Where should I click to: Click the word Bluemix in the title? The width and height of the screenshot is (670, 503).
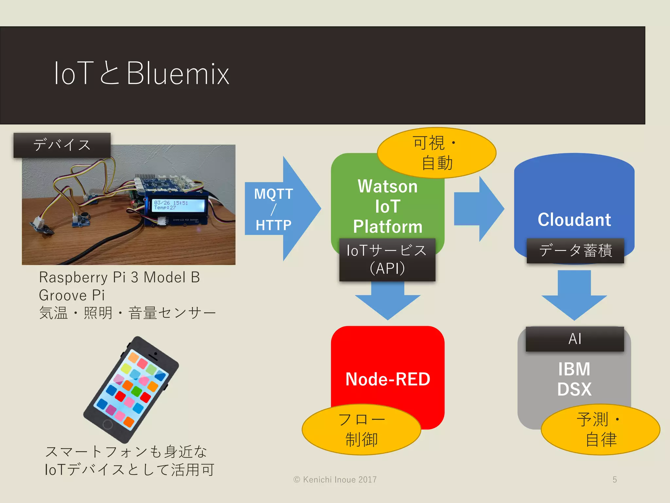[x=178, y=73]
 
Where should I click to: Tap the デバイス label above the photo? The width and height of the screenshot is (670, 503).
[x=62, y=145]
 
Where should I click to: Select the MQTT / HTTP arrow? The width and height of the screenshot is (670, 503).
[x=278, y=209]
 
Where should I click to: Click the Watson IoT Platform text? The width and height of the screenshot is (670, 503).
[x=388, y=206]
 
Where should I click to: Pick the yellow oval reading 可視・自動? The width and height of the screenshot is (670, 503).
[x=436, y=153]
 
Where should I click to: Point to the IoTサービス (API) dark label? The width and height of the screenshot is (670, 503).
[x=387, y=259]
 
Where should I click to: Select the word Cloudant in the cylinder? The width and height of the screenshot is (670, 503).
[x=574, y=219]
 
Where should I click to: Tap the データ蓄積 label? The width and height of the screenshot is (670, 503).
[x=575, y=251]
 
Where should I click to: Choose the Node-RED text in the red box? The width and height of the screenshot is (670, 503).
[x=388, y=379]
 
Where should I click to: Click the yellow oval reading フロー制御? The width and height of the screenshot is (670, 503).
[x=361, y=429]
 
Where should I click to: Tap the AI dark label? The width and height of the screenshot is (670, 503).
[x=575, y=339]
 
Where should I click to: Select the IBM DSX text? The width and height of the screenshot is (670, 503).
[x=574, y=379]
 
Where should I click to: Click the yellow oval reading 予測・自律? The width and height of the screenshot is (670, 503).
[x=600, y=429]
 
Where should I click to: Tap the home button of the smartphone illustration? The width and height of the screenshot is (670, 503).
[x=108, y=424]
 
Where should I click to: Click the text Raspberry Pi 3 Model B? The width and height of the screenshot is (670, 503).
[x=119, y=277]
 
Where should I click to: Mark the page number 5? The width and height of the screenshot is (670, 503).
[x=615, y=479]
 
